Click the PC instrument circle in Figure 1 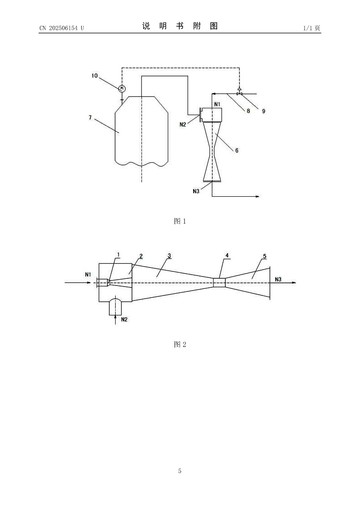point(122,88)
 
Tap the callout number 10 point(94,76)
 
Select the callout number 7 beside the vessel point(90,117)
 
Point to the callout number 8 point(248,111)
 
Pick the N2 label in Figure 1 point(183,124)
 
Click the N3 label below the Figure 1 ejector point(196,191)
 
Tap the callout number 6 point(237,150)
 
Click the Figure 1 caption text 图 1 point(180,221)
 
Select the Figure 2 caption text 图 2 point(180,344)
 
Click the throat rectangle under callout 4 point(219,282)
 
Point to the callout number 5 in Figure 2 point(265,257)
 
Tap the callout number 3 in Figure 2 point(170,256)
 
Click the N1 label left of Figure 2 point(88,275)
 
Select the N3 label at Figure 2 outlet point(278,279)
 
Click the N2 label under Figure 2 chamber point(124,320)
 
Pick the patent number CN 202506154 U point(62,28)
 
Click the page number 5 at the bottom point(180,470)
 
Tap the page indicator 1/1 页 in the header point(312,28)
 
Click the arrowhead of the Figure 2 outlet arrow point(294,283)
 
